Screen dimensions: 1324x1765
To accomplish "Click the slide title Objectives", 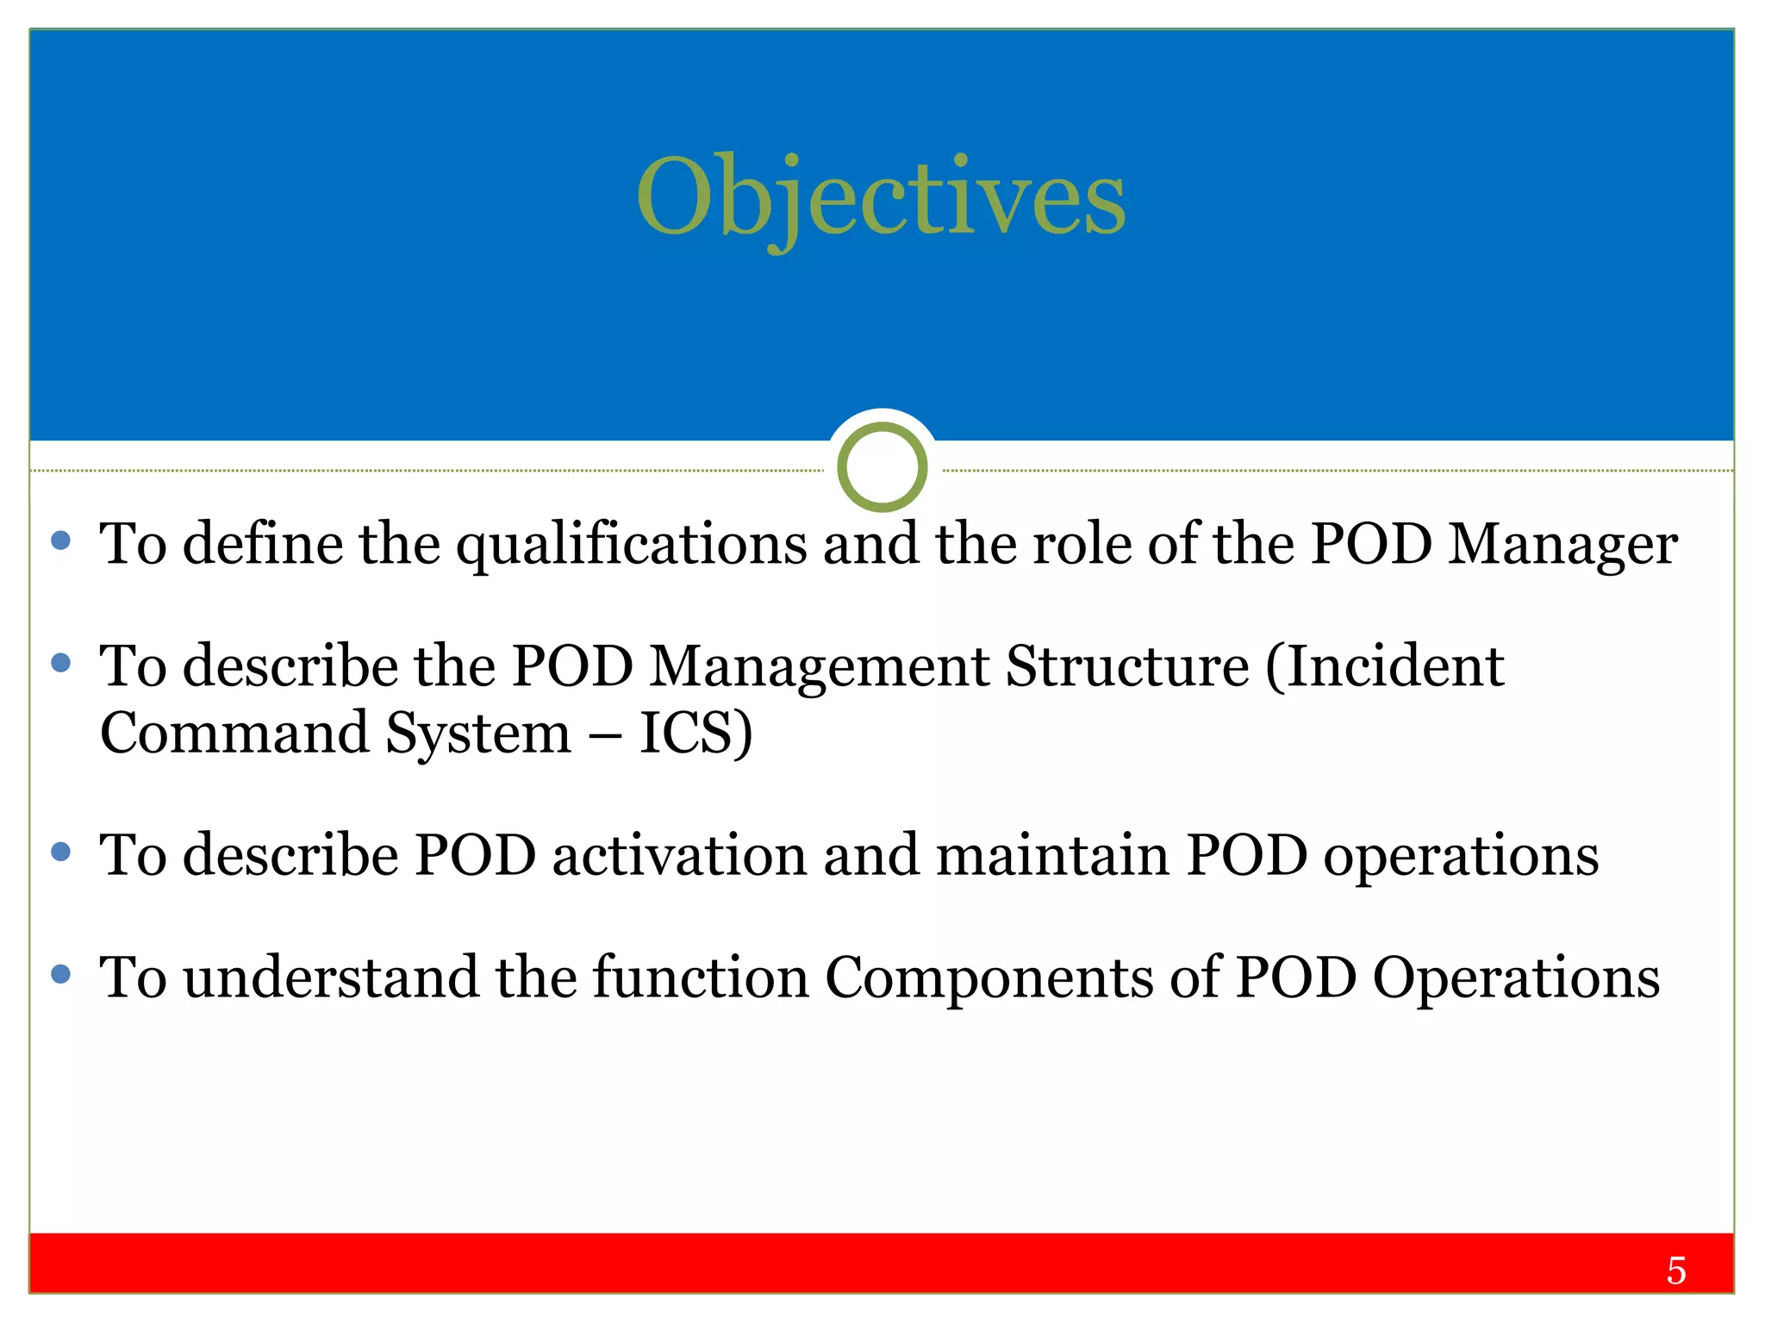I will [881, 198].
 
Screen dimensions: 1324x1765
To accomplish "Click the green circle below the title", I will [882, 467].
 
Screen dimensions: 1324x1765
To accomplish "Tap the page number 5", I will [1675, 1271].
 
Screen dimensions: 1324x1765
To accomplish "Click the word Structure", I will [1127, 667].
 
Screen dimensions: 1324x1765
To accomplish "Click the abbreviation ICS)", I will [696, 734].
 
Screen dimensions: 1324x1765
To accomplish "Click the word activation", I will [679, 856].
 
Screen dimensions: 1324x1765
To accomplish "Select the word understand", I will [331, 978].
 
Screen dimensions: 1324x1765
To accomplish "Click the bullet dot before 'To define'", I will [61, 540].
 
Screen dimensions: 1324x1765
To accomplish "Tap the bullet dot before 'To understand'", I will [61, 974].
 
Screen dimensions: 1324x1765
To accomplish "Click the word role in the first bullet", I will [1082, 545].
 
